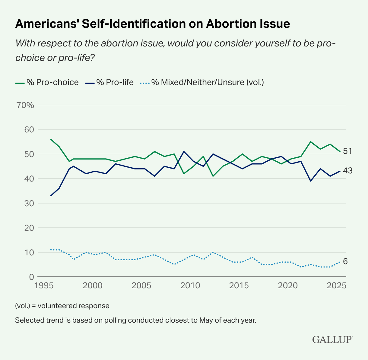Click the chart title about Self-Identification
pyautogui.click(x=152, y=24)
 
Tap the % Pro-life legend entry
pyautogui.click(x=110, y=82)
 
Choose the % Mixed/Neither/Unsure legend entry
pyautogui.click(x=202, y=82)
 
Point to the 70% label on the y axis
pyautogui.click(x=26, y=105)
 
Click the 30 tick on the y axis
pyautogui.click(x=29, y=203)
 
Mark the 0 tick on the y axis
pyautogui.click(x=31, y=277)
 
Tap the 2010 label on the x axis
pyautogui.click(x=190, y=285)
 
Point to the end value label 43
pyautogui.click(x=348, y=171)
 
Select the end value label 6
pyautogui.click(x=345, y=261)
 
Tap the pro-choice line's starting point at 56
pyautogui.click(x=51, y=139)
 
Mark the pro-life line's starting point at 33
pyautogui.click(x=51, y=196)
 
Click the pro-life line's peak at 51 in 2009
pyautogui.click(x=184, y=151)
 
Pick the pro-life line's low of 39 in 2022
pyautogui.click(x=311, y=181)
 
